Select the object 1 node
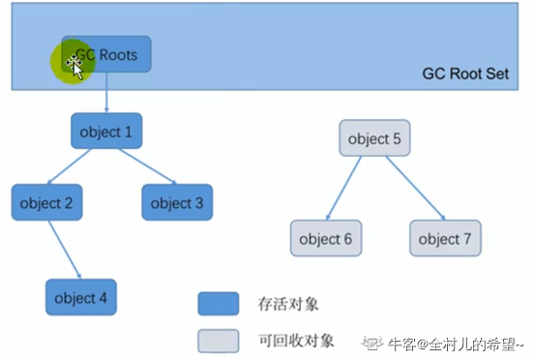107,131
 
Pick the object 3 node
177,202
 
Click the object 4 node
81,297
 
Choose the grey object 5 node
374,138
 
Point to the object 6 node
326,238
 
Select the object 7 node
445,238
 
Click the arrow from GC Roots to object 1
107,93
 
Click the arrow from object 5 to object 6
346,188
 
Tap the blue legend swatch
219,304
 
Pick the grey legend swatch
219,340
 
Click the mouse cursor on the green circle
74,64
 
